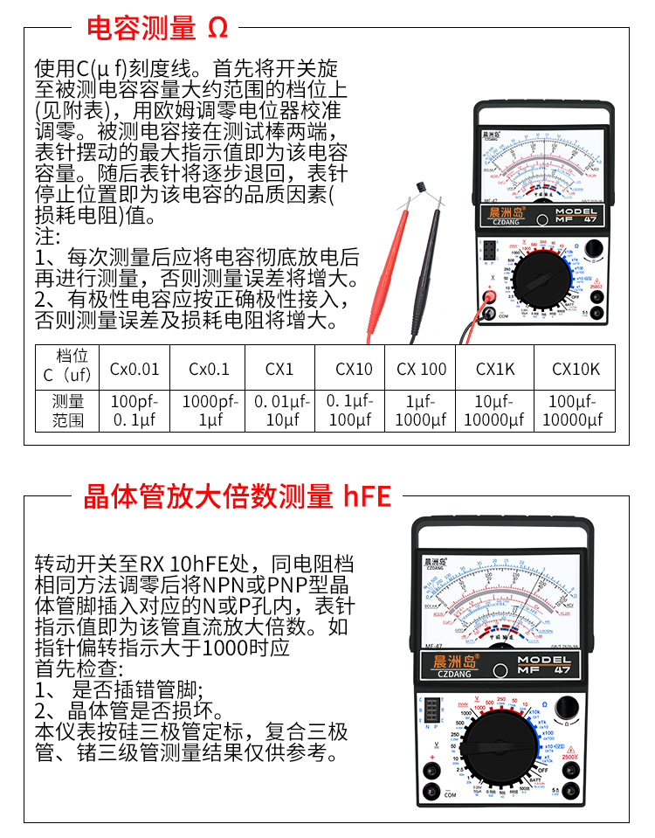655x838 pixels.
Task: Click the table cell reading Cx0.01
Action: [x=134, y=369]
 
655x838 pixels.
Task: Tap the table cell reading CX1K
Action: [x=495, y=369]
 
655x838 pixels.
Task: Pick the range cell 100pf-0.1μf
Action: [x=134, y=411]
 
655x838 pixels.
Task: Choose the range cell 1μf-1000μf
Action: [x=422, y=411]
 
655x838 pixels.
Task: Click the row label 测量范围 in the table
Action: [x=68, y=411]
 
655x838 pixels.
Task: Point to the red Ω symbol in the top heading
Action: [x=218, y=28]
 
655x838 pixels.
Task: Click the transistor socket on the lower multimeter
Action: [x=429, y=710]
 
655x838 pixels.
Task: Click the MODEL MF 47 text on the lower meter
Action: [x=544, y=664]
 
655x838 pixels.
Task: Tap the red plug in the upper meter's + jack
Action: [x=490, y=296]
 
